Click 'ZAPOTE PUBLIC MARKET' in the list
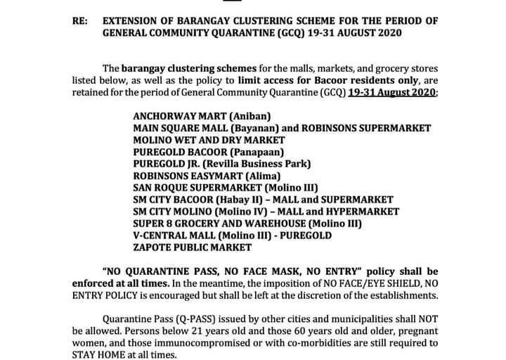[x=191, y=247]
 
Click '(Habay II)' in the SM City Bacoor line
[x=236, y=200]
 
